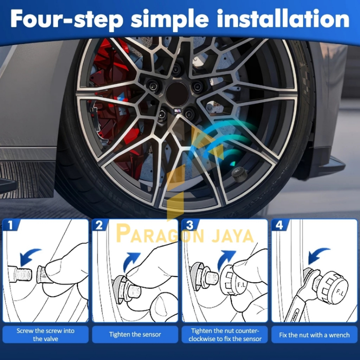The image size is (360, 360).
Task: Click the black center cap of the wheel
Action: pos(177,94)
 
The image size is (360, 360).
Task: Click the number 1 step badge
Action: pos(10,225)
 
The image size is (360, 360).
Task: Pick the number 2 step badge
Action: pos(99,225)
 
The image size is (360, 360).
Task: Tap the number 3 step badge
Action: pos(189,225)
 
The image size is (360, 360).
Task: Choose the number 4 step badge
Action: pos(279,225)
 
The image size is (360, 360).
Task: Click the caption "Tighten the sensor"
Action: pos(135,335)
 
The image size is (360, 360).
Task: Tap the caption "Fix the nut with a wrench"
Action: pos(314,335)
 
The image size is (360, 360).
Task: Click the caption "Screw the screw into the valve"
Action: pos(45,335)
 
